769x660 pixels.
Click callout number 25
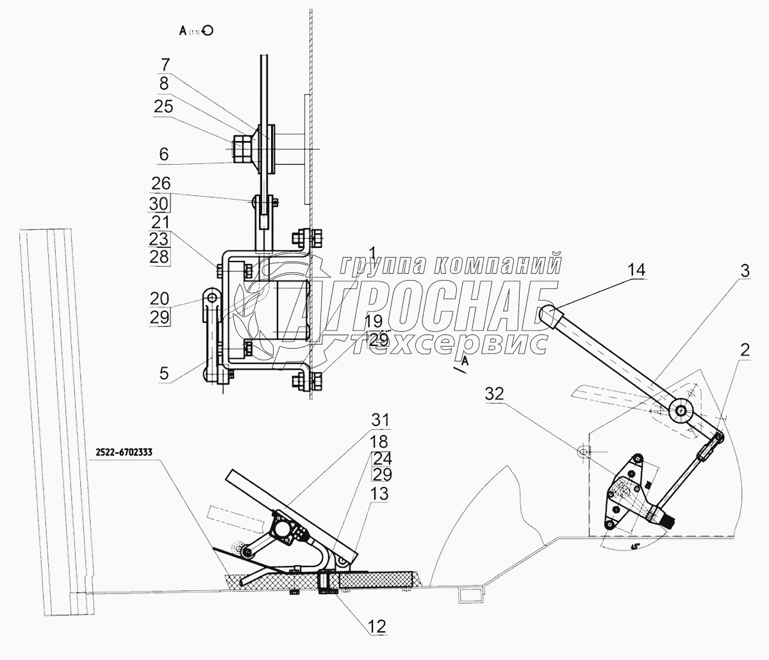coord(163,107)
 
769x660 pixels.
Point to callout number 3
coord(744,272)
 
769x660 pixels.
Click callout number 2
coord(743,350)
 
